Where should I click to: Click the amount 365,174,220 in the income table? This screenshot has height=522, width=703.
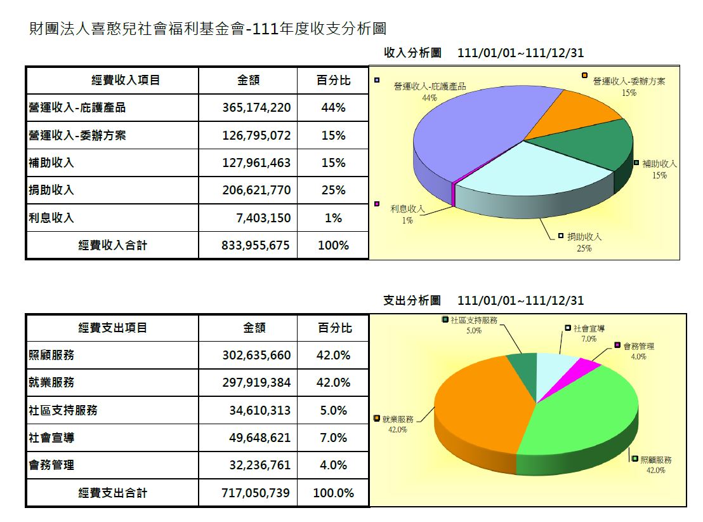point(256,108)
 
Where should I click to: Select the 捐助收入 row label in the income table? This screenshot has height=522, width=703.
point(51,190)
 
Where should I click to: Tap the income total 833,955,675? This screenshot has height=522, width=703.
point(256,245)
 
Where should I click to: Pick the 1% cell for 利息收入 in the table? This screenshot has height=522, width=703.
point(333,218)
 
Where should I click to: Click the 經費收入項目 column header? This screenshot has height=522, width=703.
point(126,80)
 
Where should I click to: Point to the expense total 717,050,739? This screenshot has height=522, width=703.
point(256,493)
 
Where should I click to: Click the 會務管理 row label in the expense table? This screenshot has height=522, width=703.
point(51,465)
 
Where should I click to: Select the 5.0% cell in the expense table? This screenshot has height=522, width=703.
point(333,410)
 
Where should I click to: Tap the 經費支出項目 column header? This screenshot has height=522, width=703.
point(113,328)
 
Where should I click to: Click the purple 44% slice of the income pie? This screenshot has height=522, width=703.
point(470,133)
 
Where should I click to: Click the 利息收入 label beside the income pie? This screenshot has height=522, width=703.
point(407,208)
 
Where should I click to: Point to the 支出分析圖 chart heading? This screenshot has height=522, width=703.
point(412,300)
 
